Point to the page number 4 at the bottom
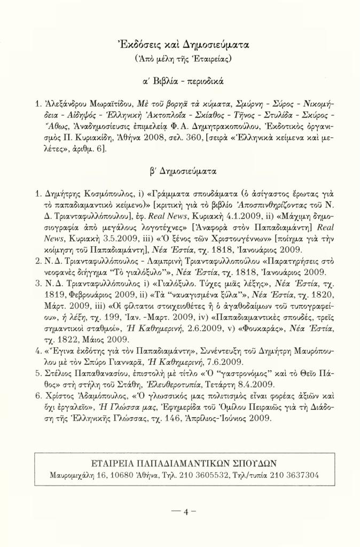coord(180,512)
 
